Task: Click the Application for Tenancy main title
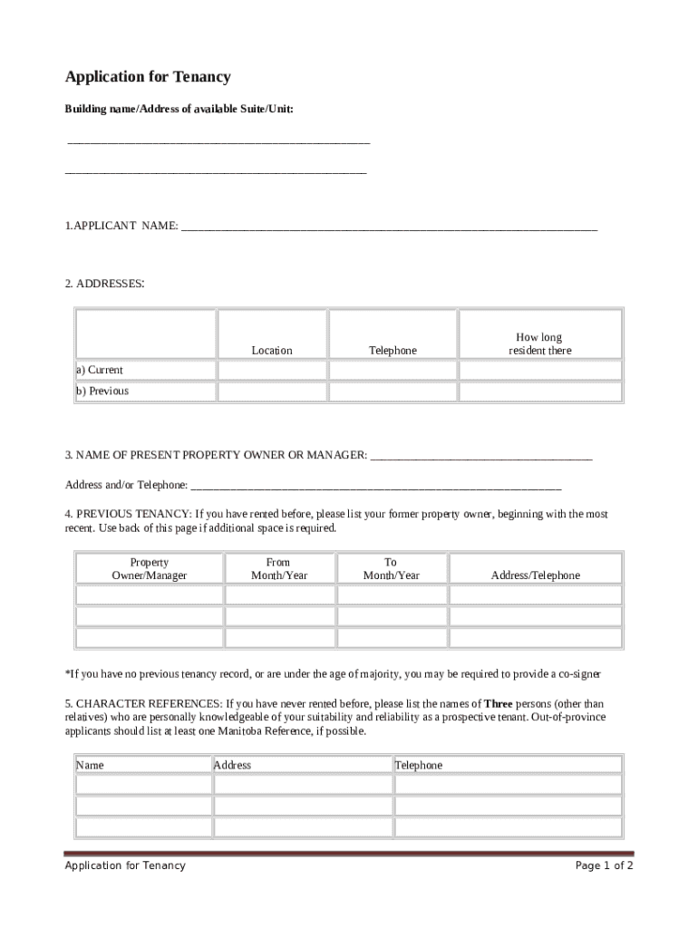click(x=148, y=77)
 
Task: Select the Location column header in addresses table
click(x=272, y=350)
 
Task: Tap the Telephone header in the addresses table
click(x=393, y=350)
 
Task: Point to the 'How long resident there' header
click(x=540, y=343)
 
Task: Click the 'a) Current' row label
click(x=100, y=370)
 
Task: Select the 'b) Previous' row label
click(x=102, y=391)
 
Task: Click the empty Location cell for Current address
click(x=272, y=370)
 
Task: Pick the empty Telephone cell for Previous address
click(x=393, y=391)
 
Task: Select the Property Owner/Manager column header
click(x=149, y=568)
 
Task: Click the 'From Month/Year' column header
click(x=279, y=568)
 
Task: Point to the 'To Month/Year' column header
click(x=392, y=568)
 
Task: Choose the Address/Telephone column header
click(x=535, y=575)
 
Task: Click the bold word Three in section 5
click(x=498, y=703)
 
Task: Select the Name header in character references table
click(x=90, y=765)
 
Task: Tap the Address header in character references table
click(x=232, y=765)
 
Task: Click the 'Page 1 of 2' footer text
click(x=604, y=865)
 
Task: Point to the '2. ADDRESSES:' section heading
click(x=104, y=284)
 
